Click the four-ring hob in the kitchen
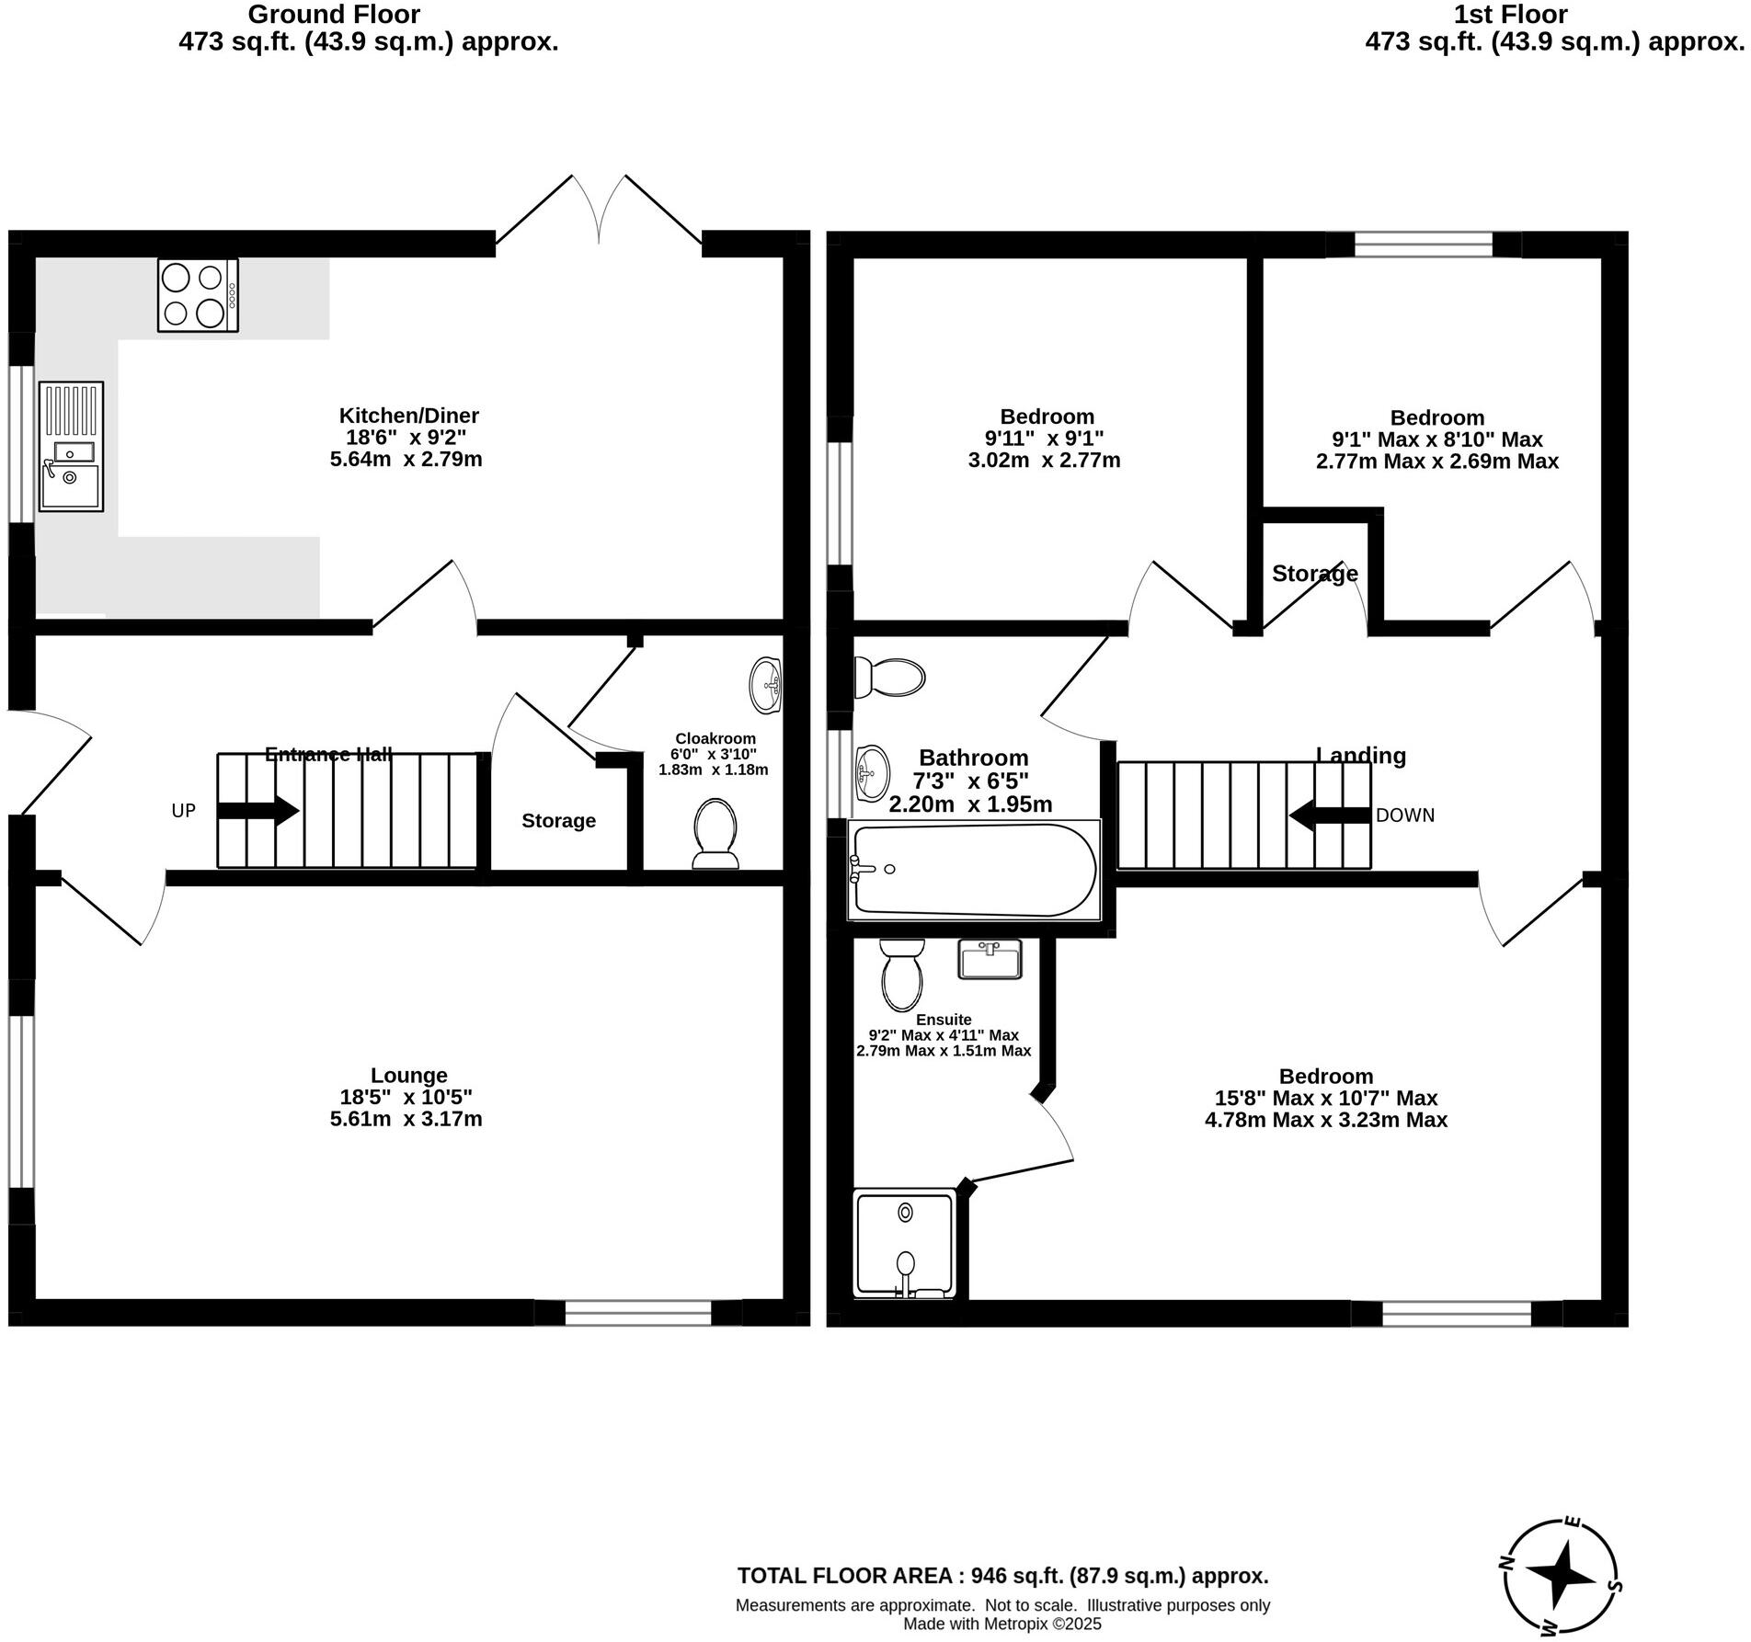click(198, 295)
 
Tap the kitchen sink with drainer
click(71, 447)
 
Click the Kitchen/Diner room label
click(408, 416)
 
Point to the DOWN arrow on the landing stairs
click(1329, 815)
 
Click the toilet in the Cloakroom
click(715, 833)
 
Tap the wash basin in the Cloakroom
click(765, 685)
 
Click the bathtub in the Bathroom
click(973, 870)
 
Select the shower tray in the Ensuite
click(906, 1243)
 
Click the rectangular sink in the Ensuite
click(990, 959)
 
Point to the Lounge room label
click(408, 1075)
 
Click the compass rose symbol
click(1561, 1577)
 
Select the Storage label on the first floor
click(1314, 574)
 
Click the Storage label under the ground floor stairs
click(558, 821)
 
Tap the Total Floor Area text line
click(1002, 1576)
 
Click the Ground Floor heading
click(334, 15)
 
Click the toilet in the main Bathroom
click(889, 678)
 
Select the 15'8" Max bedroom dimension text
click(1325, 1098)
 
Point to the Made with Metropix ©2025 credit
click(1001, 1624)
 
